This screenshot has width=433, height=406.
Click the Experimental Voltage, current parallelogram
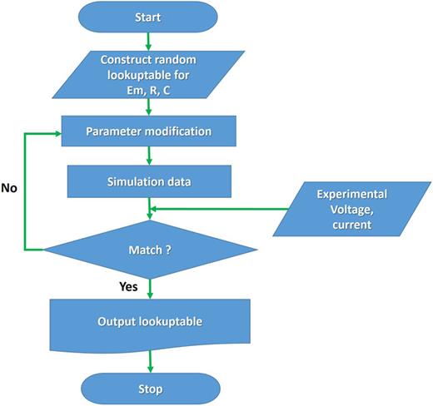tap(351, 209)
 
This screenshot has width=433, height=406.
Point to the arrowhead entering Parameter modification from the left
tap(57, 131)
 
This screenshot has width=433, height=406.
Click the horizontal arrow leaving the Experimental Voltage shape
tap(216, 210)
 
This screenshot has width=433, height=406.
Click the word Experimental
tap(350, 194)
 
